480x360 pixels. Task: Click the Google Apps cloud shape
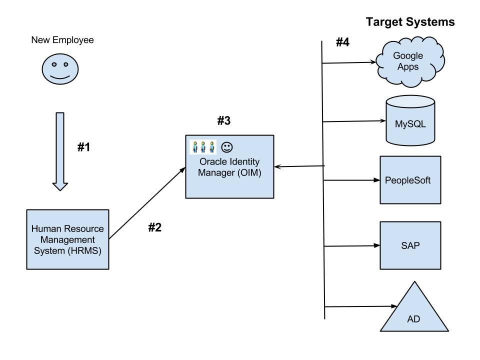tap(410, 61)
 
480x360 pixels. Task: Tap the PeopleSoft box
tap(410, 180)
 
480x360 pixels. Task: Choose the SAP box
tap(410, 245)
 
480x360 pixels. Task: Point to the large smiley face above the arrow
tap(60, 69)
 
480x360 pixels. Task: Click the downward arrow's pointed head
tap(60, 186)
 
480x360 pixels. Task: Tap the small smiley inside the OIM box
tap(227, 147)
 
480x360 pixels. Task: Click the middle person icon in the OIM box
tap(203, 147)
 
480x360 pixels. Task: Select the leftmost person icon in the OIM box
tap(195, 147)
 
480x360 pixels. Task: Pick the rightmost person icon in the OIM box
tap(211, 147)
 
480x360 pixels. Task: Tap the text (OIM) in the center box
tap(248, 173)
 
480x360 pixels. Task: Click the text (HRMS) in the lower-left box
tap(84, 251)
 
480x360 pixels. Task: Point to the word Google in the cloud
tap(408, 56)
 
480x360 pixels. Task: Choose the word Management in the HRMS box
tap(67, 240)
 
